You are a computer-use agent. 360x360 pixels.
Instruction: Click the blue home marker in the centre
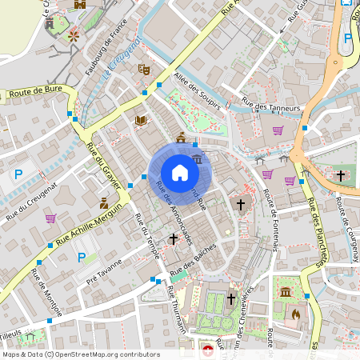[x=180, y=173]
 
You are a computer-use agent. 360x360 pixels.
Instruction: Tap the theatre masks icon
[x=145, y=70]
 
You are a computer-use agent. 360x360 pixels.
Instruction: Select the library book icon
[x=141, y=121]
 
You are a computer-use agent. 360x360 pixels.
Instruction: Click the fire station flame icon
[x=297, y=314]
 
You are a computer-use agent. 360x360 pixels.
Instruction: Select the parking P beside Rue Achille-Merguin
[x=81, y=258]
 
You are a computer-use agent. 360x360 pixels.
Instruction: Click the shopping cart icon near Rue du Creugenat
[x=51, y=218]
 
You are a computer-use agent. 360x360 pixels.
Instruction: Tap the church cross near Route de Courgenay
[x=341, y=174]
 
